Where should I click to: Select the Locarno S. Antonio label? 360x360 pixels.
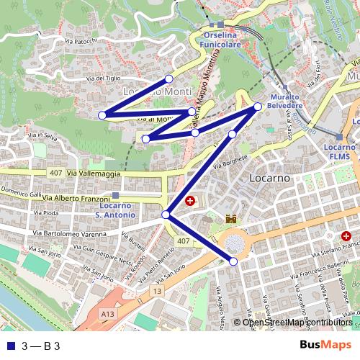(x=114, y=210)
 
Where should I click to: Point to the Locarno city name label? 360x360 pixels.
(x=269, y=177)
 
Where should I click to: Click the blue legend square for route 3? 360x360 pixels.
(x=9, y=346)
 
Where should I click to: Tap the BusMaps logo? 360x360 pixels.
(x=326, y=345)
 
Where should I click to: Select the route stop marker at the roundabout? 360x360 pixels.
(x=233, y=261)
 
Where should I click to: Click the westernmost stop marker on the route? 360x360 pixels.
(x=102, y=115)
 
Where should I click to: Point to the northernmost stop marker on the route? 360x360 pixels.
(x=168, y=78)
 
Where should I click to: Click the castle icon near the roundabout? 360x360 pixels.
(x=232, y=218)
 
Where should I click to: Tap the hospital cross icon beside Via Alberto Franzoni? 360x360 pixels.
(x=190, y=201)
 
